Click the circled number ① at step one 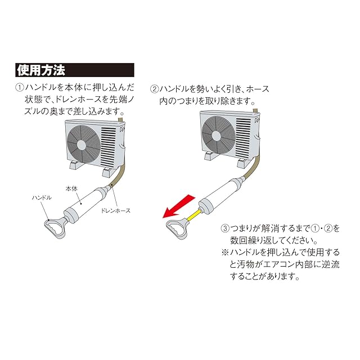[19, 88]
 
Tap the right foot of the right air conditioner [244, 163]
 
